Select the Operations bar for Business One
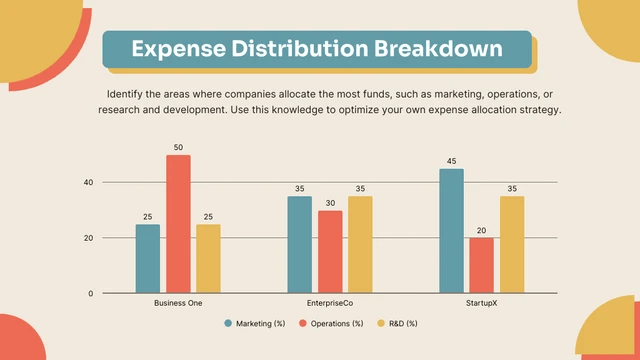pos(178,224)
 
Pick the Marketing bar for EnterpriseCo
pos(299,244)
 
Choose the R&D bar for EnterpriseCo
pos(360,244)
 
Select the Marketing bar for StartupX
pos(451,231)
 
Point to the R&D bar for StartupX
pos(512,244)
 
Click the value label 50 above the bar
pos(178,148)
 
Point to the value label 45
pos(451,162)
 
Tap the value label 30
pos(330,203)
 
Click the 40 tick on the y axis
pos(89,182)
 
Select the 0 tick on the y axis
pos(91,293)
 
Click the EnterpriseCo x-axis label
pos(329,302)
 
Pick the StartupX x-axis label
pos(481,302)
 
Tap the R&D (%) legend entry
pos(397,323)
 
